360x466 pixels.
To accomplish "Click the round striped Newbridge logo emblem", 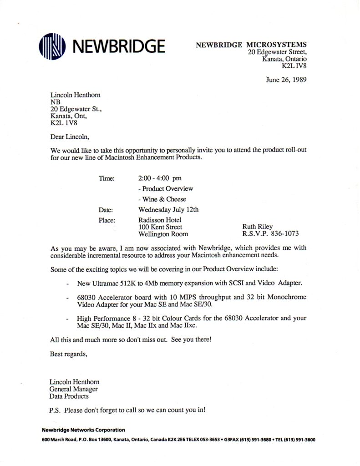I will (x=53, y=46).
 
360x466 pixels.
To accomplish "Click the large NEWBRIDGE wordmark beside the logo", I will (x=118, y=46).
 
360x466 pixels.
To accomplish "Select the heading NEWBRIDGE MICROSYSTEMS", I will (x=251, y=45).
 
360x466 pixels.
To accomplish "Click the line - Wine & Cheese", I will (x=162, y=199).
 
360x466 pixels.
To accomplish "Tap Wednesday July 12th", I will (x=168, y=210).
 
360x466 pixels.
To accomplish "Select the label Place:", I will (x=107, y=220).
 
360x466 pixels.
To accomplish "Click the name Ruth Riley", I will (x=258, y=227).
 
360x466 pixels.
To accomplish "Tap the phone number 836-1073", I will (x=285, y=234).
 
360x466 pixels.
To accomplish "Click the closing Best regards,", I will (x=68, y=354).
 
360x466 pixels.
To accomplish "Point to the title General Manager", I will (x=74, y=389).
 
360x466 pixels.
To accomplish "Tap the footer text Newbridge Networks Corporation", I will (x=83, y=430).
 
